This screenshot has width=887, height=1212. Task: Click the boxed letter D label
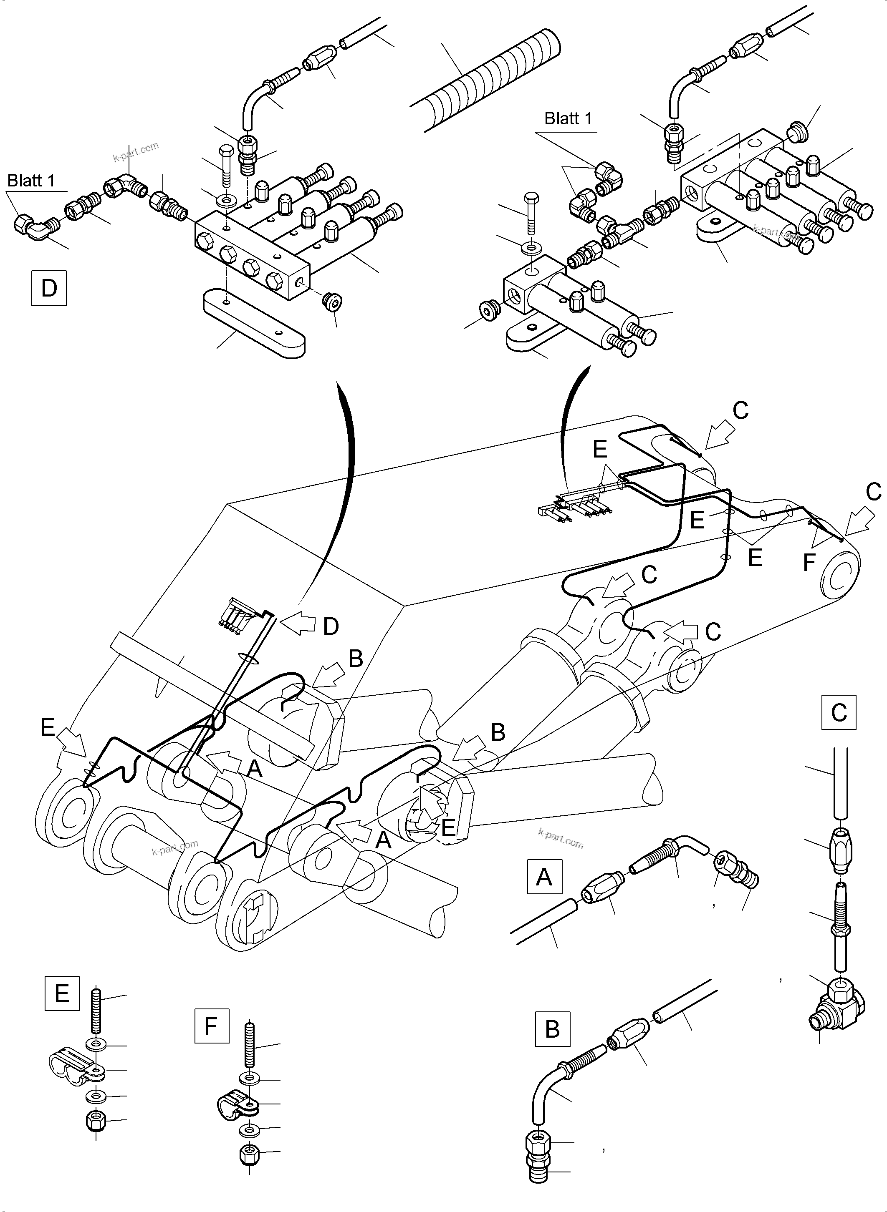[x=49, y=288]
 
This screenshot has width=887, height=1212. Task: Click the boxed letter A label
[x=544, y=877]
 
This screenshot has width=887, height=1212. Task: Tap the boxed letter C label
[x=839, y=712]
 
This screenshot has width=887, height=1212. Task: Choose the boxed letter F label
[x=212, y=1026]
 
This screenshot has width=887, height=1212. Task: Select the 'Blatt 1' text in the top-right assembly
[x=568, y=118]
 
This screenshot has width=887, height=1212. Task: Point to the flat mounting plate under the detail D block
[x=254, y=322]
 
